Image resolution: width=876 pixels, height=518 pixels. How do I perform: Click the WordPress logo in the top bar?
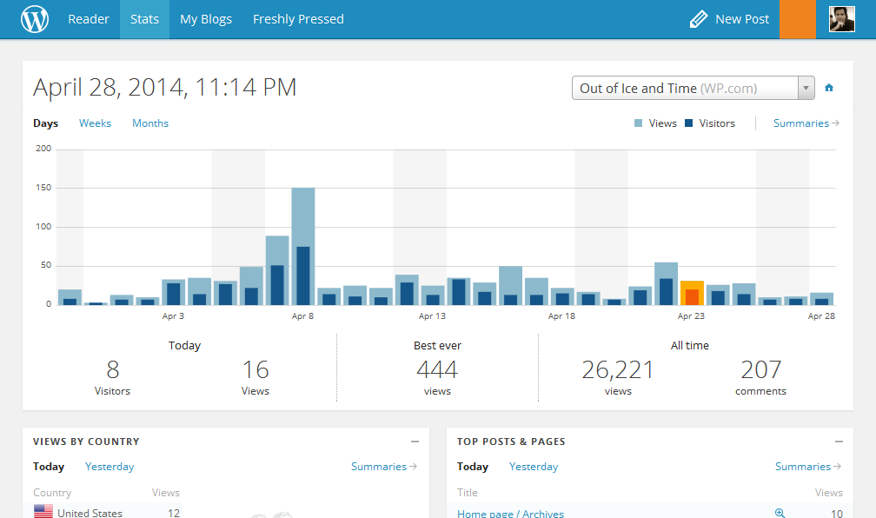(x=35, y=19)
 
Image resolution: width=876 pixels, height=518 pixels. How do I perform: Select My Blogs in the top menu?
(x=206, y=19)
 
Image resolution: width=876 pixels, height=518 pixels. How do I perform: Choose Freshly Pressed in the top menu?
(x=298, y=19)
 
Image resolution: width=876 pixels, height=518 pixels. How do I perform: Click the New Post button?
(x=729, y=19)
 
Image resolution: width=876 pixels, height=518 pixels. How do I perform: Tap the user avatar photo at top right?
(x=841, y=19)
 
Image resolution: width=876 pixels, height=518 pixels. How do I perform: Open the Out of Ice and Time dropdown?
(x=693, y=88)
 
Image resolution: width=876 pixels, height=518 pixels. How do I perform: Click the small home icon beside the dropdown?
(x=829, y=88)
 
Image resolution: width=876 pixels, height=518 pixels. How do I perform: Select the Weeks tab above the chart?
(x=95, y=123)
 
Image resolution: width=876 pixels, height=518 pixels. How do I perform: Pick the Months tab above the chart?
(x=150, y=123)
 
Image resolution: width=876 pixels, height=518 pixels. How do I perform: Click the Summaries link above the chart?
(x=806, y=123)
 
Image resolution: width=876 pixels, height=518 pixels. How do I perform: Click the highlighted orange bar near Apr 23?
(x=692, y=293)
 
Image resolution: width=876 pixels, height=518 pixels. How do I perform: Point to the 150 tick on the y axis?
(x=43, y=188)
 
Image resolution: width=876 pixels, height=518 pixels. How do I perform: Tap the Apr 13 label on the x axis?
(x=432, y=316)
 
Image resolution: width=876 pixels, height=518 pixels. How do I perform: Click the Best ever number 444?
(x=437, y=370)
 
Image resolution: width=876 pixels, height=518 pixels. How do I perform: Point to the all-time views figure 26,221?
(x=618, y=370)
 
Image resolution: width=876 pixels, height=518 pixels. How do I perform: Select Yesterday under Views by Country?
(x=109, y=467)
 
